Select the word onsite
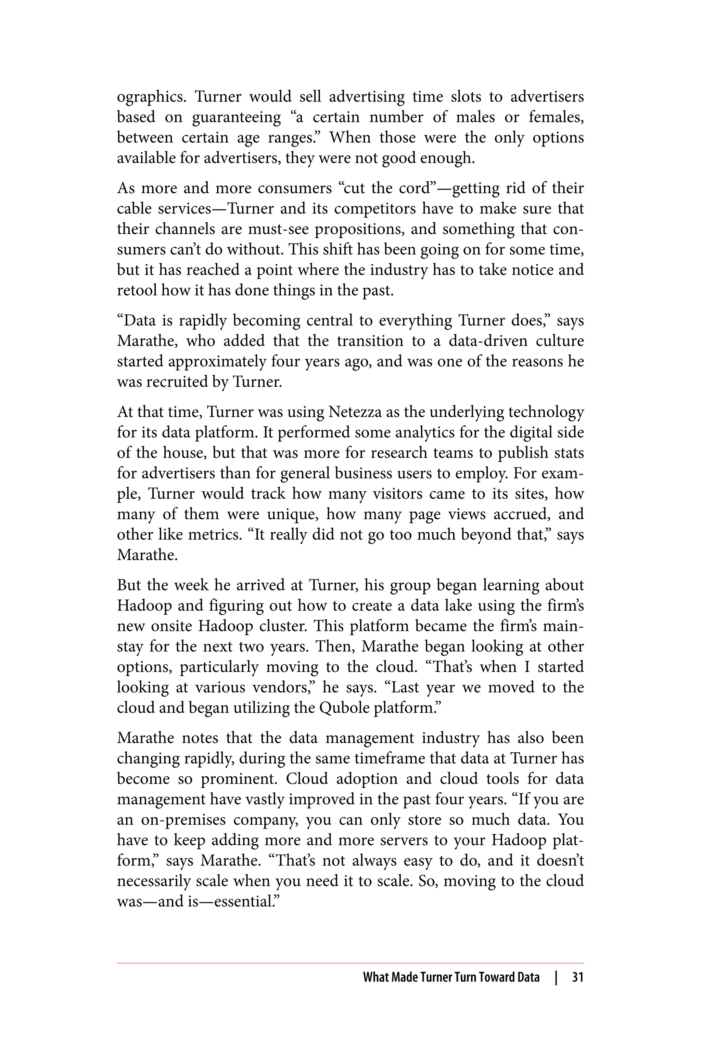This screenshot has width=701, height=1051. coord(171,626)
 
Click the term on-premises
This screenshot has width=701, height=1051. coord(183,820)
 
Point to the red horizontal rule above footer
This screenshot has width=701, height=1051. coord(350,963)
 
